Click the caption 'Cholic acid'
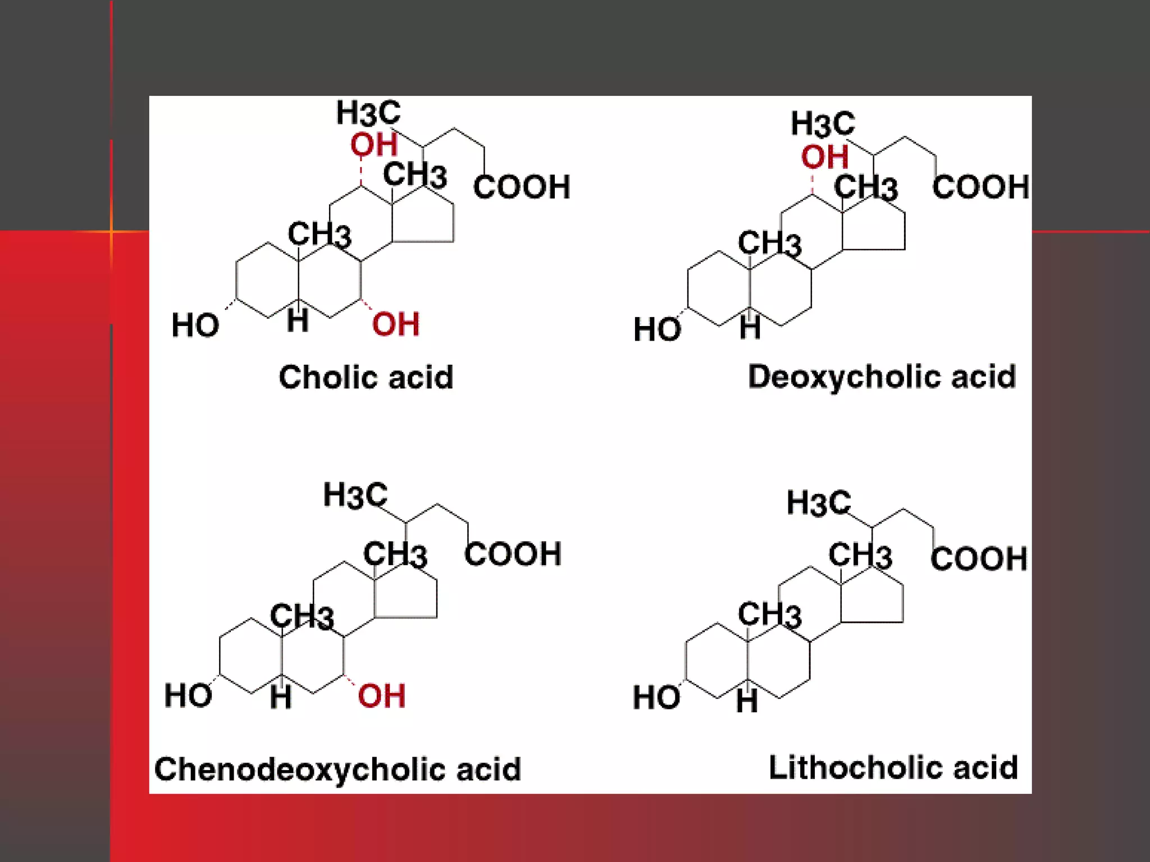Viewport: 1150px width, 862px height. pos(366,377)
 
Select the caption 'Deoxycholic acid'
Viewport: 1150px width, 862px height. pos(882,377)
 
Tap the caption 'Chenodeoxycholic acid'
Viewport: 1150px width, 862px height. pos(337,769)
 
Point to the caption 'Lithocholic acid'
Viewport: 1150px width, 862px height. pos(893,767)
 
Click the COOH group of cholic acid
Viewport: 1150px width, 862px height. pos(522,187)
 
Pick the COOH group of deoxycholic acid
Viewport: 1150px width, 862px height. pos(980,187)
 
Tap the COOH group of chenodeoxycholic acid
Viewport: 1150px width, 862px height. pos(513,554)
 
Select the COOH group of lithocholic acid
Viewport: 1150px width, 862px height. pos(979,558)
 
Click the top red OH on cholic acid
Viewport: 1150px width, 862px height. pos(374,144)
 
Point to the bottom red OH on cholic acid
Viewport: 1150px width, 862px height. pos(395,324)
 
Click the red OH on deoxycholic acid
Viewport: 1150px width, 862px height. pos(824,157)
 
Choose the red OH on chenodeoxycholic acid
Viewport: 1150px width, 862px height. pos(381,696)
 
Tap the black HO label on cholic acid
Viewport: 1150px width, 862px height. pos(195,325)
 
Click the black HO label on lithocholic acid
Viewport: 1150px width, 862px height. pos(656,698)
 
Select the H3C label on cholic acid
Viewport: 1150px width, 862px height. pos(368,112)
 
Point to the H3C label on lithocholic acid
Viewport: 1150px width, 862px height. pos(819,502)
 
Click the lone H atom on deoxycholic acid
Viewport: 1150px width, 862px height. pos(750,328)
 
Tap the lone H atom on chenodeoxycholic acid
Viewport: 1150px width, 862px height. pos(281,698)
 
